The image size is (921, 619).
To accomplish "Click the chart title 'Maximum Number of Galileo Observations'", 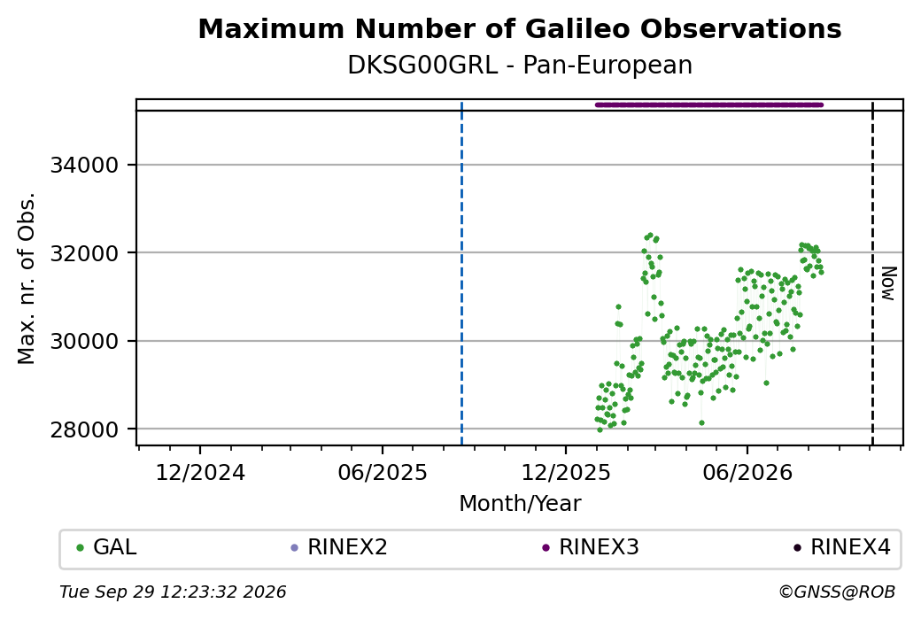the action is (x=519, y=28).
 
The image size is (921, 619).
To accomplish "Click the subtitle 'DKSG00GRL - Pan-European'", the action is (x=520, y=66).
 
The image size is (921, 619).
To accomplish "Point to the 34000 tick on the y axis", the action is (x=85, y=165).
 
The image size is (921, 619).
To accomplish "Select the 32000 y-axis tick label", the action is (x=85, y=253).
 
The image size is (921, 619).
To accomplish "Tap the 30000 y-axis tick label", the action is (x=85, y=341).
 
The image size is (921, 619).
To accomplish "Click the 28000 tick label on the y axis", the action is (x=85, y=429).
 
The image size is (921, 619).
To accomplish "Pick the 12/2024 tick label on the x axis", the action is (x=200, y=473).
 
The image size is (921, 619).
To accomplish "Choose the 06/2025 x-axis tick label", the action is (x=383, y=473).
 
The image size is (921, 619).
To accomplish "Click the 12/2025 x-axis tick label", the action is (x=566, y=473).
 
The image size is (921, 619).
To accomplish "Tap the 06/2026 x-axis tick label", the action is (x=747, y=473).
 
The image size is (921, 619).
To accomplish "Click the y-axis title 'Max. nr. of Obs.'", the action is (x=27, y=278).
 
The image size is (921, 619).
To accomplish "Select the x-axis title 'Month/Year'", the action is (x=520, y=504).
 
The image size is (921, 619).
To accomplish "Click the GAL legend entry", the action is (x=106, y=547).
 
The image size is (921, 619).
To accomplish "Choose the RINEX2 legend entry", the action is (x=339, y=547).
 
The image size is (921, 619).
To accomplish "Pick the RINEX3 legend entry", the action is (x=591, y=547).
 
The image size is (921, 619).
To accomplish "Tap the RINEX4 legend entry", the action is (x=842, y=547).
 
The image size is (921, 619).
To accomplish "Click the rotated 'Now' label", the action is (x=889, y=283).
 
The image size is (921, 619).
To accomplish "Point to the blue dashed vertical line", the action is (x=461, y=273).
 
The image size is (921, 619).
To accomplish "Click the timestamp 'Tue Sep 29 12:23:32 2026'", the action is (x=173, y=592).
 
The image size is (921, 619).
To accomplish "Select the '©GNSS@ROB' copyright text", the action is (x=837, y=592).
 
